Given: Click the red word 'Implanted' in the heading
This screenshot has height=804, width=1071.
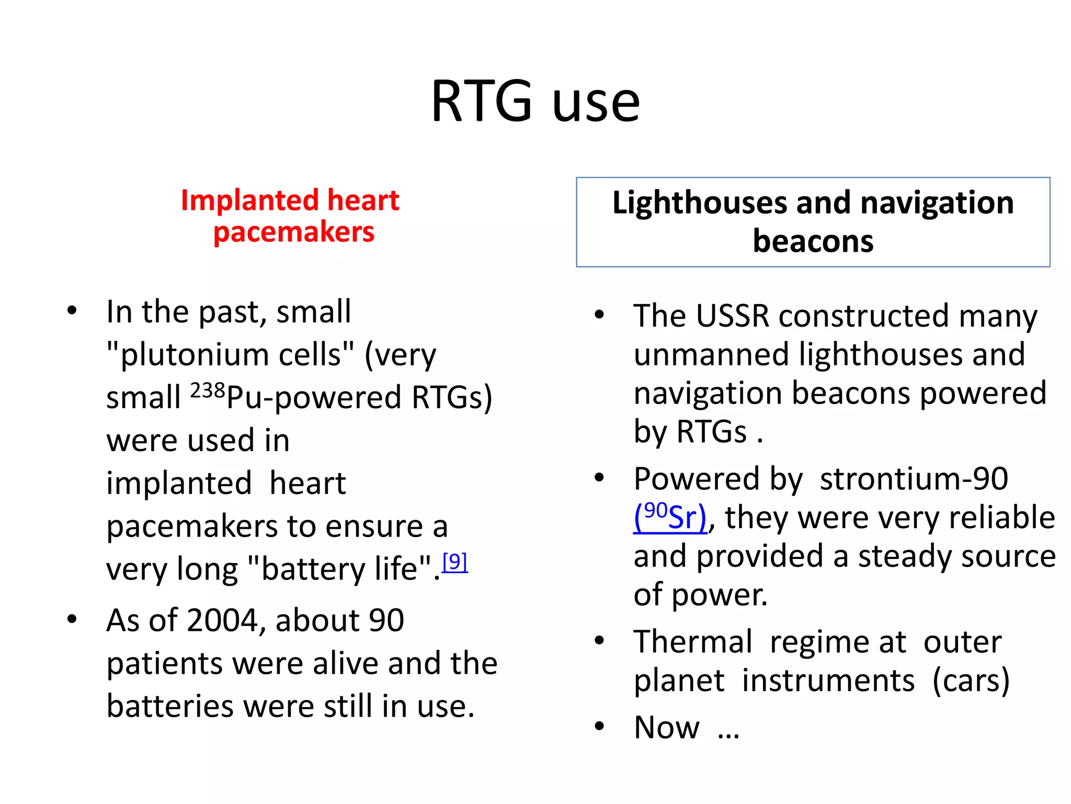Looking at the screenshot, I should click(249, 200).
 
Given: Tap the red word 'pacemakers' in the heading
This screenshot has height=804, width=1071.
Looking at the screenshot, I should click(294, 232).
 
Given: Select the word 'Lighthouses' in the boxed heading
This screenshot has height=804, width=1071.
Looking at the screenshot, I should click(699, 203).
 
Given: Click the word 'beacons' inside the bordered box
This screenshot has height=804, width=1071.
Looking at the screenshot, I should click(813, 241).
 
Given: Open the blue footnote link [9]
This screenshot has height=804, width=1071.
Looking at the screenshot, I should click(454, 562).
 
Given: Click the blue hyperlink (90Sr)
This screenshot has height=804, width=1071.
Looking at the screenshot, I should click(670, 517).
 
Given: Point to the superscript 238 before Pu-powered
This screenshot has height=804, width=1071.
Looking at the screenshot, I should click(207, 391).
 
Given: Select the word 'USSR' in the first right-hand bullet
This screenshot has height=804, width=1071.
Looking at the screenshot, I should click(733, 316).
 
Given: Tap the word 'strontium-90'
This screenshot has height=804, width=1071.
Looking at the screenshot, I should click(914, 478).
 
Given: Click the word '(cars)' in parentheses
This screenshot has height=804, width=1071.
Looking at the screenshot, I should click(971, 680).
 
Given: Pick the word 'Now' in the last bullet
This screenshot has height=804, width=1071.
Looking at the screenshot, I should click(666, 728).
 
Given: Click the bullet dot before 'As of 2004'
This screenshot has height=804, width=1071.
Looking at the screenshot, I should click(72, 619).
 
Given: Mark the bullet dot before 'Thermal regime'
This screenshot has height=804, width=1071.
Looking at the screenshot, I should click(599, 640).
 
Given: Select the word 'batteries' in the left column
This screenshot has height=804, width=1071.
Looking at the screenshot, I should click(170, 706).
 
